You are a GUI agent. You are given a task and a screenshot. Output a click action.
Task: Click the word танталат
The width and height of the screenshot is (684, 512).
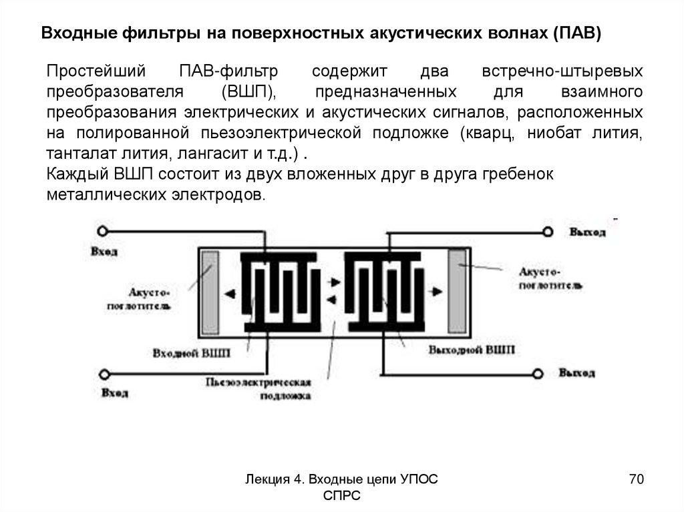[75, 153]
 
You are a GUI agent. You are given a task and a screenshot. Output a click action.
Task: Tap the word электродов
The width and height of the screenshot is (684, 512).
[225, 195]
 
